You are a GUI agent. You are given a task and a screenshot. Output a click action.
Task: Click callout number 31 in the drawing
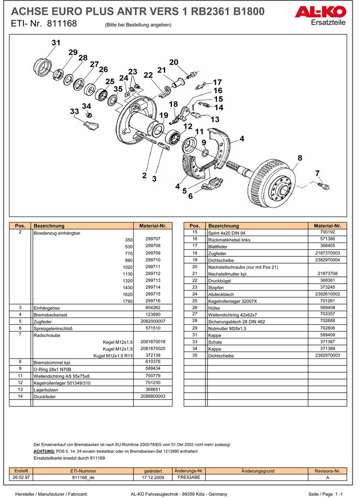pyautogui.click(x=56, y=43)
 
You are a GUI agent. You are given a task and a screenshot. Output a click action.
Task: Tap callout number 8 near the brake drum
pyautogui.click(x=300, y=158)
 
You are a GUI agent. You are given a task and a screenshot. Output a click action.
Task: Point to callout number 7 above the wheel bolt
pyautogui.click(x=317, y=173)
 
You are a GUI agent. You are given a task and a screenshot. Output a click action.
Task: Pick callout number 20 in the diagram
pyautogui.click(x=173, y=62)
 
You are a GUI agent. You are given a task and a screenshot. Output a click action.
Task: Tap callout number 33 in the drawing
pyautogui.click(x=74, y=111)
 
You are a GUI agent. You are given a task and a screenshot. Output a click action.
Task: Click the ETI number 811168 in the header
pyautogui.click(x=62, y=24)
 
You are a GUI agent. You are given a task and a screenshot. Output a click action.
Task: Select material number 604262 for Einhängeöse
pyautogui.click(x=153, y=308)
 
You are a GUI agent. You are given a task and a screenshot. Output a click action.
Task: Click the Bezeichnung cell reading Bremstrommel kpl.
pyautogui.click(x=52, y=362)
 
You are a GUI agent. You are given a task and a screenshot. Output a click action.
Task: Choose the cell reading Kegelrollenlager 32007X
pyautogui.click(x=230, y=301)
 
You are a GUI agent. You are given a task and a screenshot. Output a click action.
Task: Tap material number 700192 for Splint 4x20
pyautogui.click(x=327, y=232)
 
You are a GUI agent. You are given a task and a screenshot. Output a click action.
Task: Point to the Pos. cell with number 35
pyautogui.click(x=194, y=355)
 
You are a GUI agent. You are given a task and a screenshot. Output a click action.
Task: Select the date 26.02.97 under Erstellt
pyautogui.click(x=21, y=477)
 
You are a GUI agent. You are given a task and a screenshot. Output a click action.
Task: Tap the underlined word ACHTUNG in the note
pyautogui.click(x=44, y=451)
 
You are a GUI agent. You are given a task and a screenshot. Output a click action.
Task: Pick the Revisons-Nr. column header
pyautogui.click(x=327, y=471)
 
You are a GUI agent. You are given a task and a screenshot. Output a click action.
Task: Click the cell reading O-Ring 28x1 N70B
pyautogui.click(x=52, y=369)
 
